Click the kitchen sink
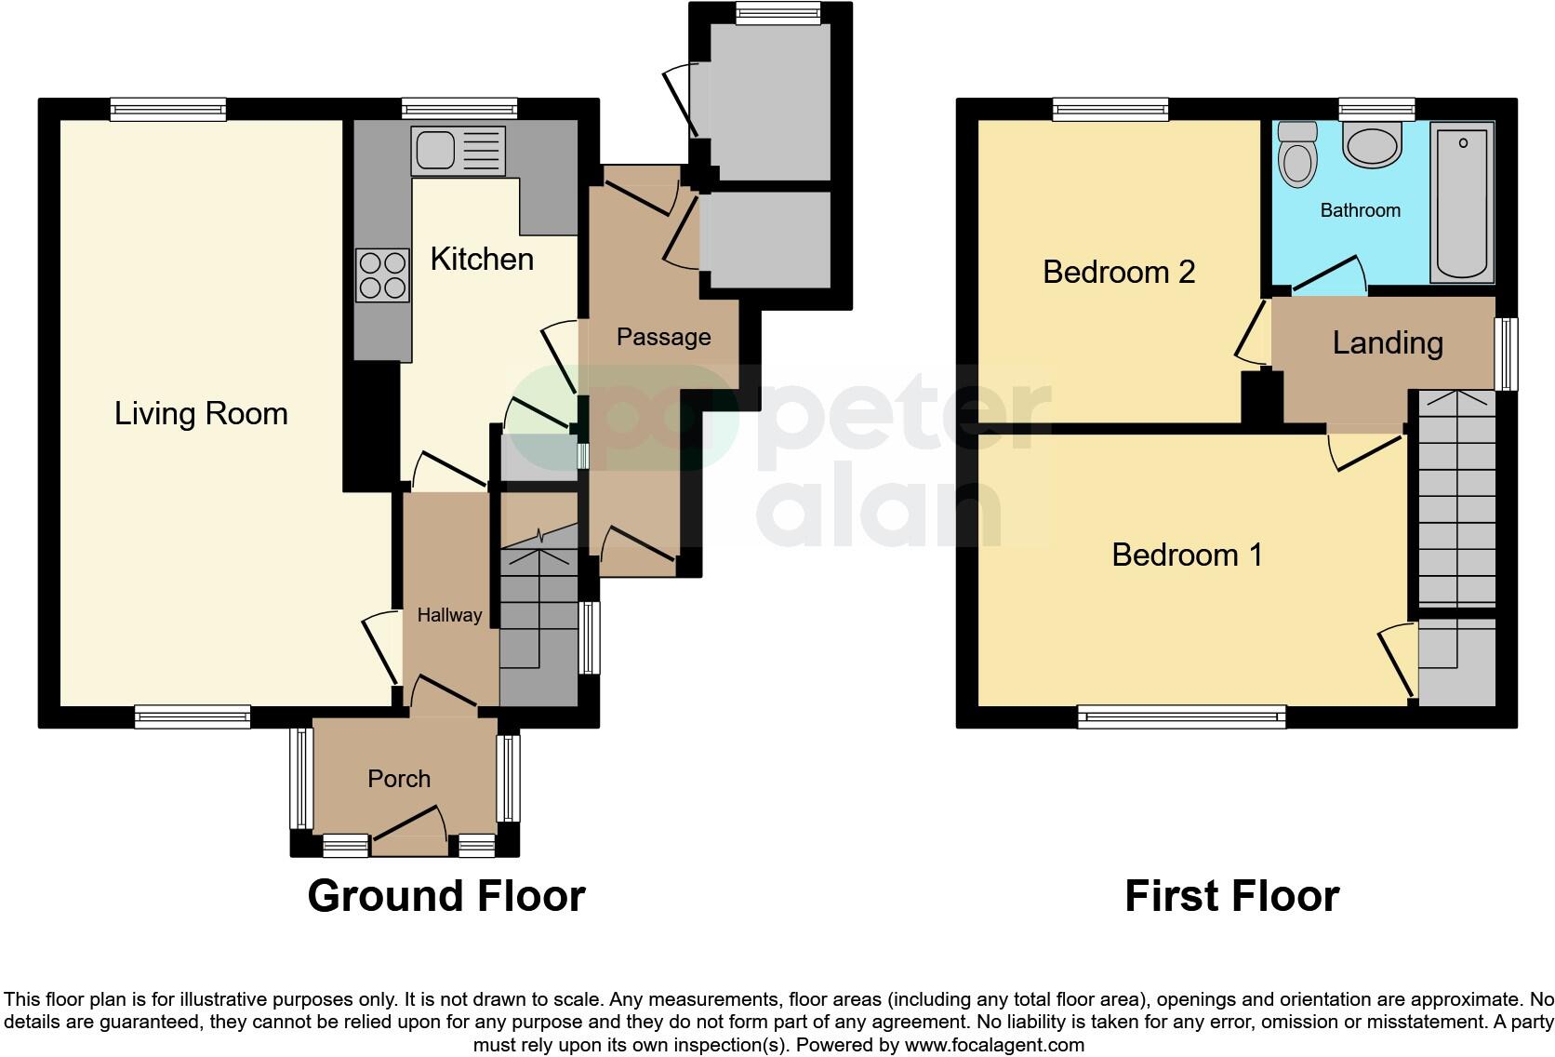click(459, 152)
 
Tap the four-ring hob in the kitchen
click(382, 275)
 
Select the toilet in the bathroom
click(1297, 154)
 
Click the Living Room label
click(201, 413)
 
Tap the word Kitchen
click(482, 259)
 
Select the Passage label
click(663, 337)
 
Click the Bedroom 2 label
click(1118, 272)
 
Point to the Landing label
click(1387, 342)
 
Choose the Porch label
click(399, 779)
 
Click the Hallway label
click(449, 615)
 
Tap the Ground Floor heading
click(445, 896)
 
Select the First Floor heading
click(1231, 896)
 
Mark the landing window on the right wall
click(1507, 354)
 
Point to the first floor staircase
click(1456, 502)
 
